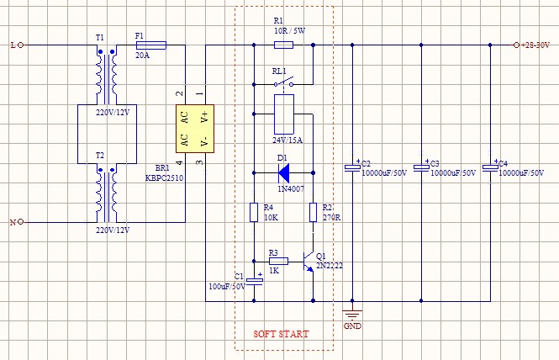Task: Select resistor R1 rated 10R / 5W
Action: [x=283, y=45]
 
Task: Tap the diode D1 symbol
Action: [x=283, y=173]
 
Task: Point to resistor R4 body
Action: [x=254, y=213]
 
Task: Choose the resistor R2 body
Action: [x=313, y=213]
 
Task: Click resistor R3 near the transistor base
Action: [x=278, y=262]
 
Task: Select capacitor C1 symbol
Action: [x=254, y=280]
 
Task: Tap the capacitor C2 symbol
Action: [x=352, y=167]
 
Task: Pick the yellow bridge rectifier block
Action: [x=195, y=128]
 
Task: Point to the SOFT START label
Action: [x=281, y=334]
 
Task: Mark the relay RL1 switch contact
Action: [x=283, y=82]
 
